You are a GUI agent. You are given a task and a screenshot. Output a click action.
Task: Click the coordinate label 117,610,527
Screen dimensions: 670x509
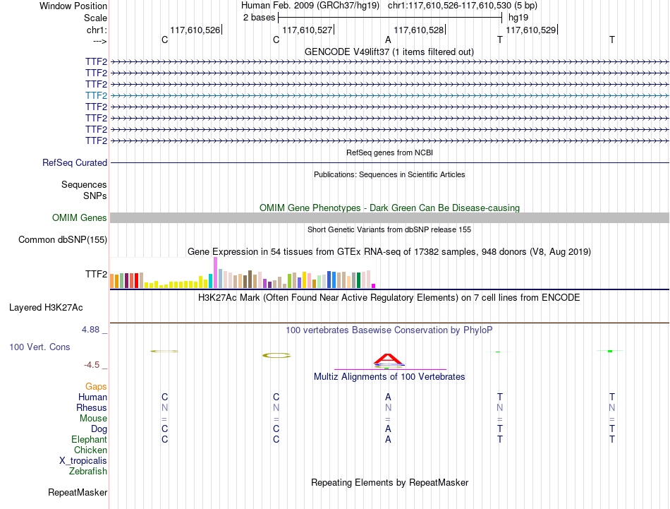307,30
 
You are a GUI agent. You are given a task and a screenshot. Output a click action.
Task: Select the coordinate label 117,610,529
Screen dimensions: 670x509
530,30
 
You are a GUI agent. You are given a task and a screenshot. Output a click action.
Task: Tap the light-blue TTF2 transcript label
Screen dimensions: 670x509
96,95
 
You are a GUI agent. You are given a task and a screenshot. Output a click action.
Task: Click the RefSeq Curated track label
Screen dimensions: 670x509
75,162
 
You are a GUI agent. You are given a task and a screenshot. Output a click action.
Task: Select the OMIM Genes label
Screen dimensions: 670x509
80,217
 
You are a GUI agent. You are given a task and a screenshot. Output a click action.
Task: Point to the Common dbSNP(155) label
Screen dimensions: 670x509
63,239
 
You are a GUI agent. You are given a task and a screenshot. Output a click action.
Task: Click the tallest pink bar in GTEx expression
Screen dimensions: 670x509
215,273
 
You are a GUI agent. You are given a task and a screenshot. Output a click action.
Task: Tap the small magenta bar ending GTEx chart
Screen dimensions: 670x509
374,286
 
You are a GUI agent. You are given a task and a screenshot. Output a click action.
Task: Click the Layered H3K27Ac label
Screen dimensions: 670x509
46,308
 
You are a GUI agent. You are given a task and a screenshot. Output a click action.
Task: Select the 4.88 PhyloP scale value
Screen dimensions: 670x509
90,330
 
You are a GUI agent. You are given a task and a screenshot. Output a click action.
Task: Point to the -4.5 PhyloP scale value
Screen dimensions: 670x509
92,365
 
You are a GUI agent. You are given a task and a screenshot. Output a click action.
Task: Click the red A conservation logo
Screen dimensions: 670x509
388,359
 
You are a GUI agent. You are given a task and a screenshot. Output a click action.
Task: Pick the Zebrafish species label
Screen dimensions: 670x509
88,471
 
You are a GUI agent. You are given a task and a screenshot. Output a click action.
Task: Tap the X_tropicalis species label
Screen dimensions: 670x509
83,461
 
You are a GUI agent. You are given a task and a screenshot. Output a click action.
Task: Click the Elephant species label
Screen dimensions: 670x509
90,439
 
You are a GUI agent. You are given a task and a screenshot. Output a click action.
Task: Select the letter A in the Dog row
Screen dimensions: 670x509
388,429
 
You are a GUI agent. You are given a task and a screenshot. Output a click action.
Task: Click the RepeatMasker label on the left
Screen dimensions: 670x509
78,492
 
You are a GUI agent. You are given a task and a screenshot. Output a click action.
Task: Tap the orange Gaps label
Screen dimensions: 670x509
96,386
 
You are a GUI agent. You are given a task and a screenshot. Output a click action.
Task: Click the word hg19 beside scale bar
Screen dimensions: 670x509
518,18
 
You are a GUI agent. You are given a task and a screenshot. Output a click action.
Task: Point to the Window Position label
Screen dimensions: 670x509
73,6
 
